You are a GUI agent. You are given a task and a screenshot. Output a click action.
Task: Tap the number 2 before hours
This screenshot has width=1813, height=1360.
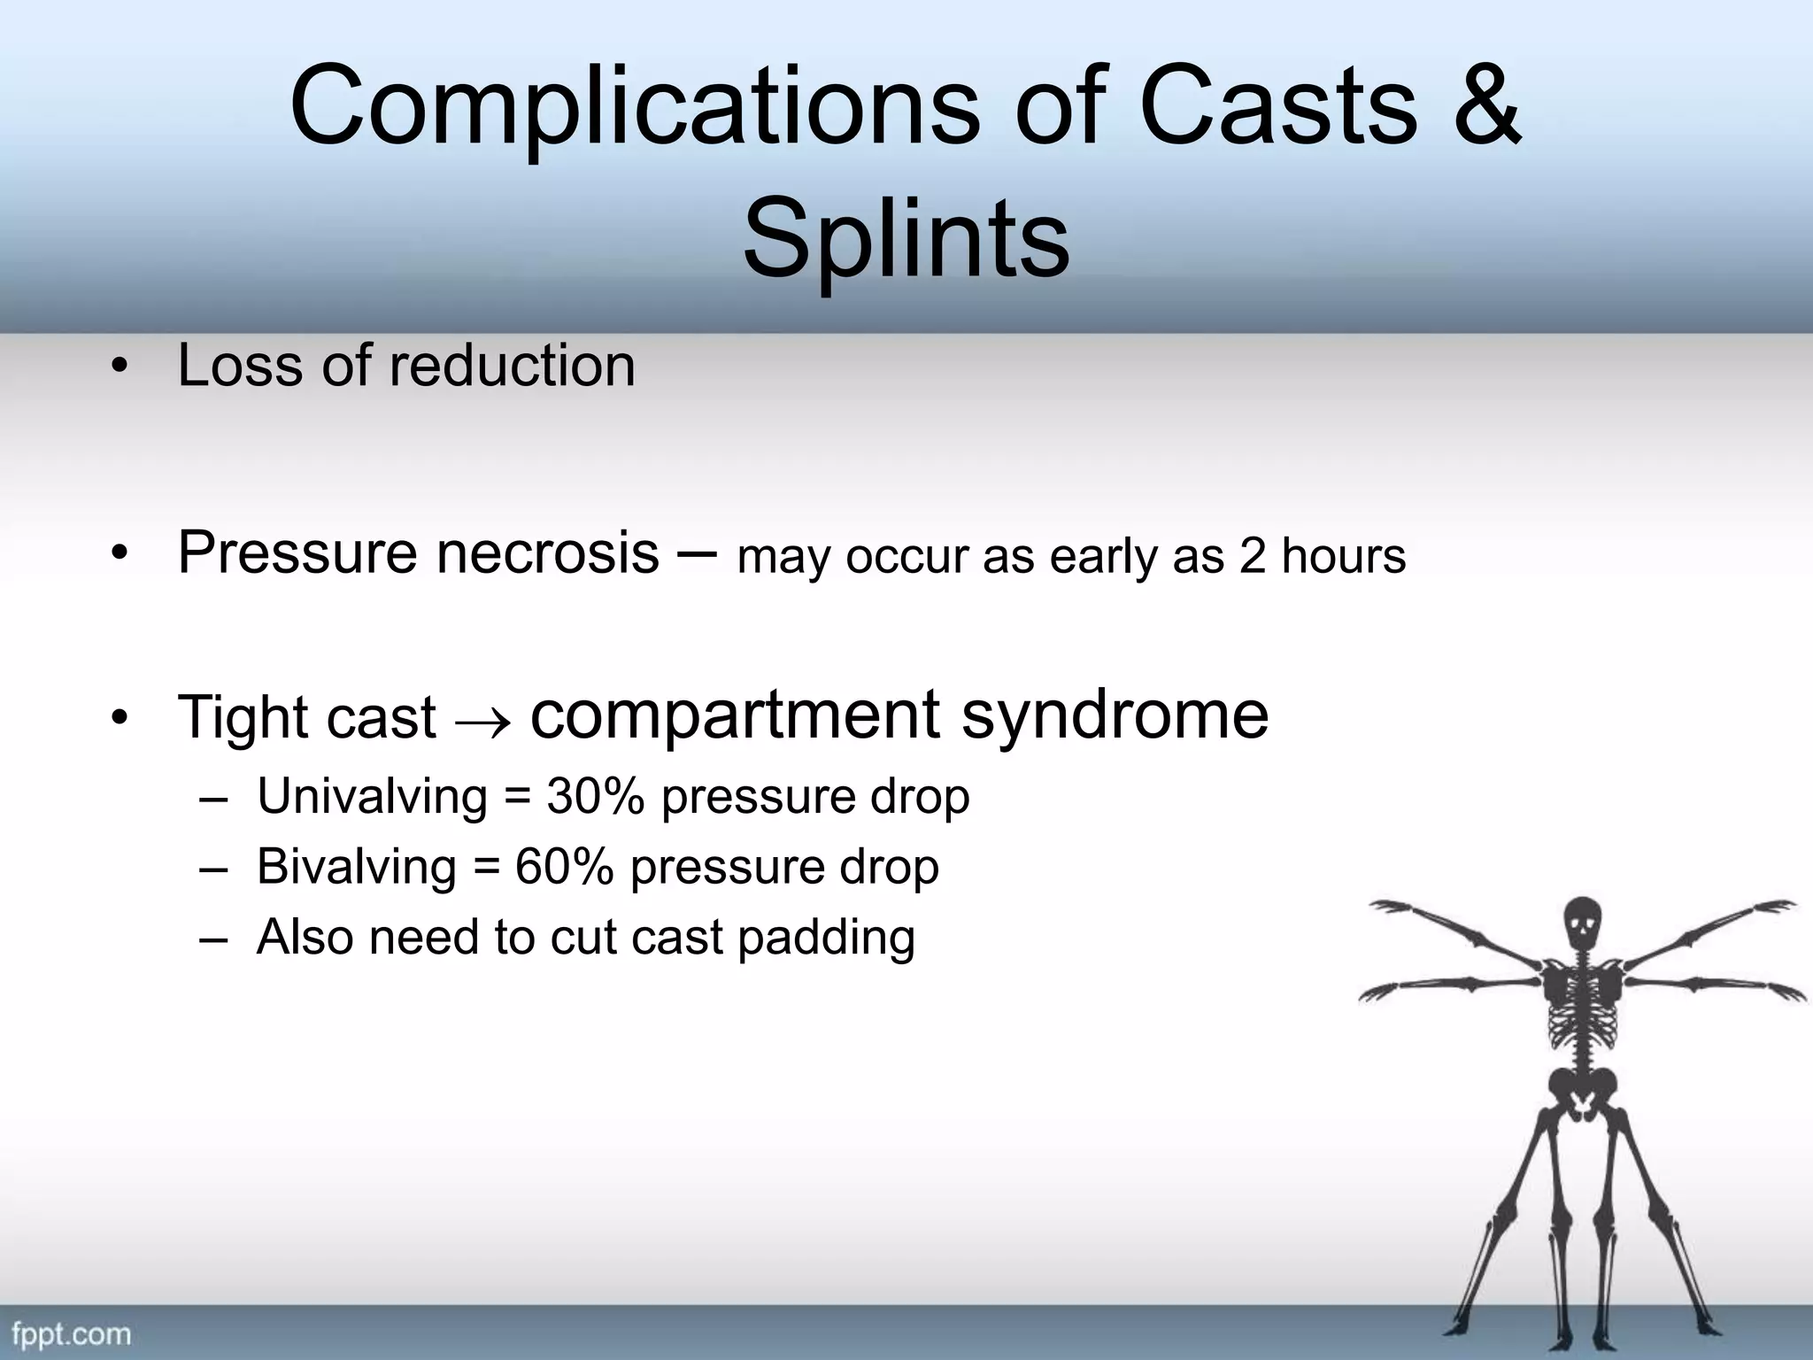pyautogui.click(x=1252, y=557)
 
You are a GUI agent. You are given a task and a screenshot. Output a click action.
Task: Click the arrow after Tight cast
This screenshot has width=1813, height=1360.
pyautogui.click(x=482, y=722)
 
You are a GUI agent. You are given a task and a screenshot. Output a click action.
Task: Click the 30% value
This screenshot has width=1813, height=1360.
pyautogui.click(x=595, y=796)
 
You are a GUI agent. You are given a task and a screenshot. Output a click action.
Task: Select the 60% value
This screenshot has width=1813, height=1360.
pyautogui.click(x=564, y=866)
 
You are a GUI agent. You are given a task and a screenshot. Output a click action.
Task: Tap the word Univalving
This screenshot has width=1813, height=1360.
pyautogui.click(x=372, y=796)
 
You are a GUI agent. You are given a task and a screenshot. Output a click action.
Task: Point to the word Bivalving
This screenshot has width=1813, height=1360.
pyautogui.click(x=356, y=866)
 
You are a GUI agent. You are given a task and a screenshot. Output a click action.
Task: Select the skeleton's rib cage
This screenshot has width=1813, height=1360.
pyautogui.click(x=1581, y=1009)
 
